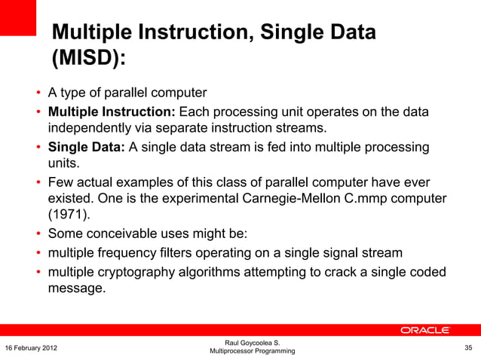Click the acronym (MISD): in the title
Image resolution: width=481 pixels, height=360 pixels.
(88, 59)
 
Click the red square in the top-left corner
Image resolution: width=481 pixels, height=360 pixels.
(18, 17)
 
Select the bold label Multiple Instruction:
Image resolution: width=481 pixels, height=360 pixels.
(112, 113)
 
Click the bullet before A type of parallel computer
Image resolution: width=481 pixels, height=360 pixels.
(37, 94)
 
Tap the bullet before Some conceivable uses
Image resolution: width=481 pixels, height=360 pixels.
(37, 234)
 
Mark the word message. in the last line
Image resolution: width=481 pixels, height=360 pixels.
(77, 288)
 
